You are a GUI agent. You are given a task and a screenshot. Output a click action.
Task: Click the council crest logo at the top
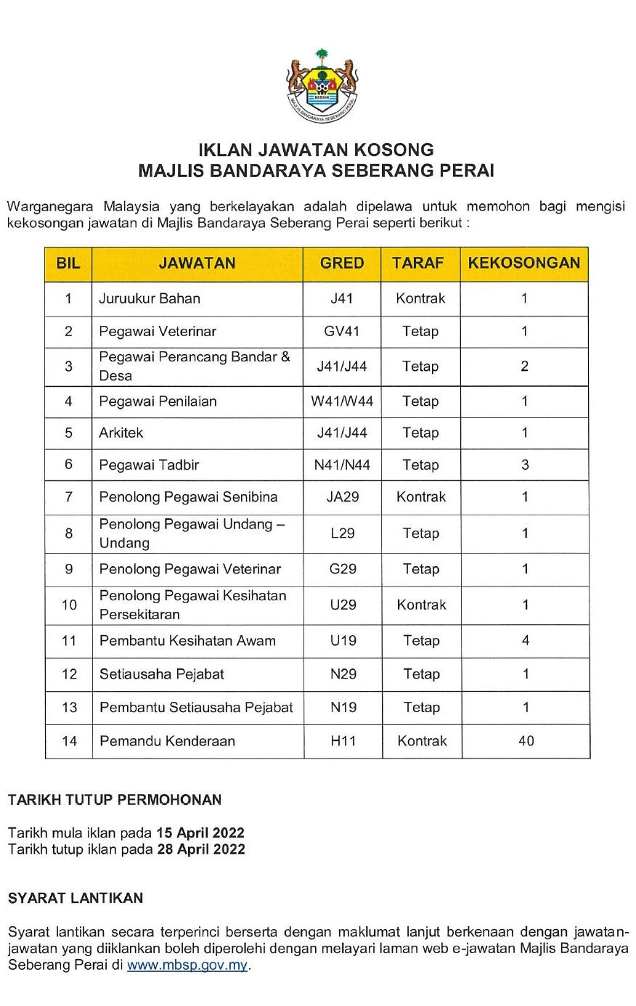(322, 86)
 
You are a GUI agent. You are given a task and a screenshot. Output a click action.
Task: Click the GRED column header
(342, 263)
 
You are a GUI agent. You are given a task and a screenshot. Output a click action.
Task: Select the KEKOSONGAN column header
(523, 263)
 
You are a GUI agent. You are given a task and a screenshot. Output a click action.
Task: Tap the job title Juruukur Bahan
(150, 298)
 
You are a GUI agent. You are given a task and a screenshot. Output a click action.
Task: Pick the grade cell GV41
(342, 332)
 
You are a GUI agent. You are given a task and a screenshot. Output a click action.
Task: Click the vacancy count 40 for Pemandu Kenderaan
(526, 741)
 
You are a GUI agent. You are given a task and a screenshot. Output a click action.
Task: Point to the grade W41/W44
(342, 401)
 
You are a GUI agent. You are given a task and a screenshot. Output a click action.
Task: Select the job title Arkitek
(121, 433)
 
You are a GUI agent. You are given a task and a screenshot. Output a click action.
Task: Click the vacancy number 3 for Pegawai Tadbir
(525, 465)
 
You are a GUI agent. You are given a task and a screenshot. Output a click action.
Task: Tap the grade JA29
(343, 497)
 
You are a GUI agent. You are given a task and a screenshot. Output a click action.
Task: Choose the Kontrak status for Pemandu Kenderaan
(422, 741)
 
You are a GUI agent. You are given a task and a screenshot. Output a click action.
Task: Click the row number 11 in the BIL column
(69, 641)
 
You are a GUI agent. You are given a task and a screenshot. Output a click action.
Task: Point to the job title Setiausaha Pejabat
(162, 674)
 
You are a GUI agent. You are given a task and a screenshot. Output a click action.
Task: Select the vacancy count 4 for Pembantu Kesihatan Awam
(526, 641)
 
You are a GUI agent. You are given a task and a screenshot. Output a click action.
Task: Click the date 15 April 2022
(200, 833)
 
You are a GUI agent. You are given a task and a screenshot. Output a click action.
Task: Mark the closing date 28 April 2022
(201, 849)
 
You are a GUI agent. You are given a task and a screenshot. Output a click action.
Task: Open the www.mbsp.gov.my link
(187, 965)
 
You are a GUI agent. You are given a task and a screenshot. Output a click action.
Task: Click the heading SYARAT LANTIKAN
(76, 898)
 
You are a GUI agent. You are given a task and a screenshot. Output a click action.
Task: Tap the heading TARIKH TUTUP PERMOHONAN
(115, 800)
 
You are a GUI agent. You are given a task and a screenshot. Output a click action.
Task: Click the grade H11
(343, 741)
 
